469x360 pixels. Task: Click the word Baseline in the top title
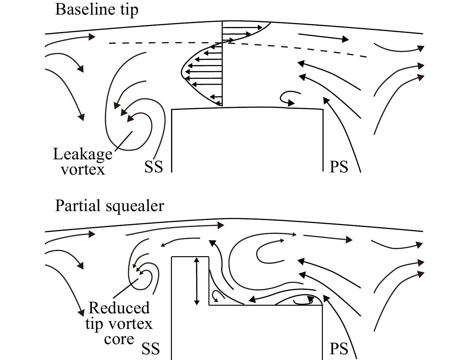(85, 10)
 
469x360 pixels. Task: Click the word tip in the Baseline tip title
(129, 10)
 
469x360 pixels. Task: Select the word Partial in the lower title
(78, 206)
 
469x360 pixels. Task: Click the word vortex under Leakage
(83, 170)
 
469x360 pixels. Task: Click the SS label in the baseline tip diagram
(154, 167)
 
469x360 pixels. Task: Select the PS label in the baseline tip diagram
(339, 167)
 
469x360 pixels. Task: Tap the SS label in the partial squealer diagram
(151, 349)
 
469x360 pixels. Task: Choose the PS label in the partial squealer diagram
(339, 349)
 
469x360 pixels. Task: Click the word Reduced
(119, 308)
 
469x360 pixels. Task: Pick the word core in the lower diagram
(119, 339)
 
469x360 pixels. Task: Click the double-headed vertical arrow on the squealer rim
(197, 281)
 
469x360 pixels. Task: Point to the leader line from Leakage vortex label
(124, 141)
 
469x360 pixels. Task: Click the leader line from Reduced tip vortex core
(126, 289)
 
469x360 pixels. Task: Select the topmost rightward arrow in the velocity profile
(242, 28)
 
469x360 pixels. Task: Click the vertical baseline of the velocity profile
(222, 63)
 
